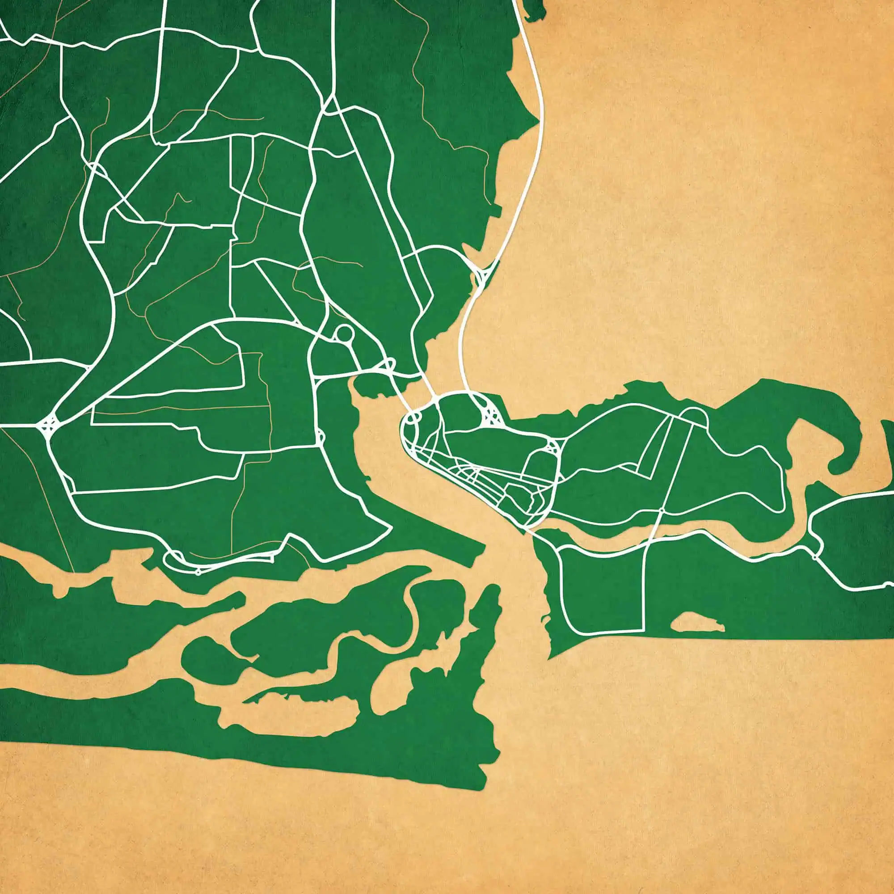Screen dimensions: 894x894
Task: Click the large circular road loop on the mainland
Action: [x=344, y=333]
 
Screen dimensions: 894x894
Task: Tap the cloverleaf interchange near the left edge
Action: [x=49, y=423]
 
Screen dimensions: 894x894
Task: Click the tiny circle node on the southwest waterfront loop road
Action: [x=198, y=572]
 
